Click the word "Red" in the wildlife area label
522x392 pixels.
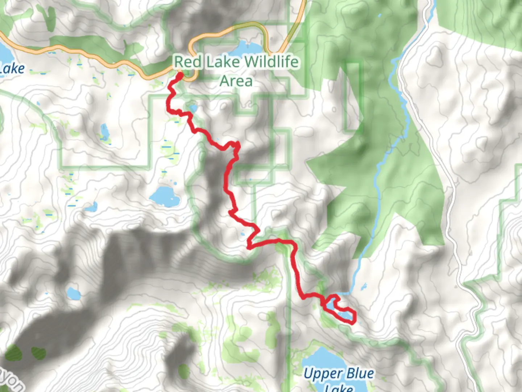pos(188,62)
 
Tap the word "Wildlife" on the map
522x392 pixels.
pos(272,62)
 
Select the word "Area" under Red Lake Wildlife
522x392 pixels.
pos(236,81)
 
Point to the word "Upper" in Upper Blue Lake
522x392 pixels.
pos(323,373)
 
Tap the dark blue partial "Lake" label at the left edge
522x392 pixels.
pos(12,69)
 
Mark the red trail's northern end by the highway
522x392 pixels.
pos(179,75)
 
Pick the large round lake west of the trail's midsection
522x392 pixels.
pos(165,196)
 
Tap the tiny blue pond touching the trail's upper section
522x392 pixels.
pos(193,108)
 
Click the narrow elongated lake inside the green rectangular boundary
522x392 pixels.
pos(104,132)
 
